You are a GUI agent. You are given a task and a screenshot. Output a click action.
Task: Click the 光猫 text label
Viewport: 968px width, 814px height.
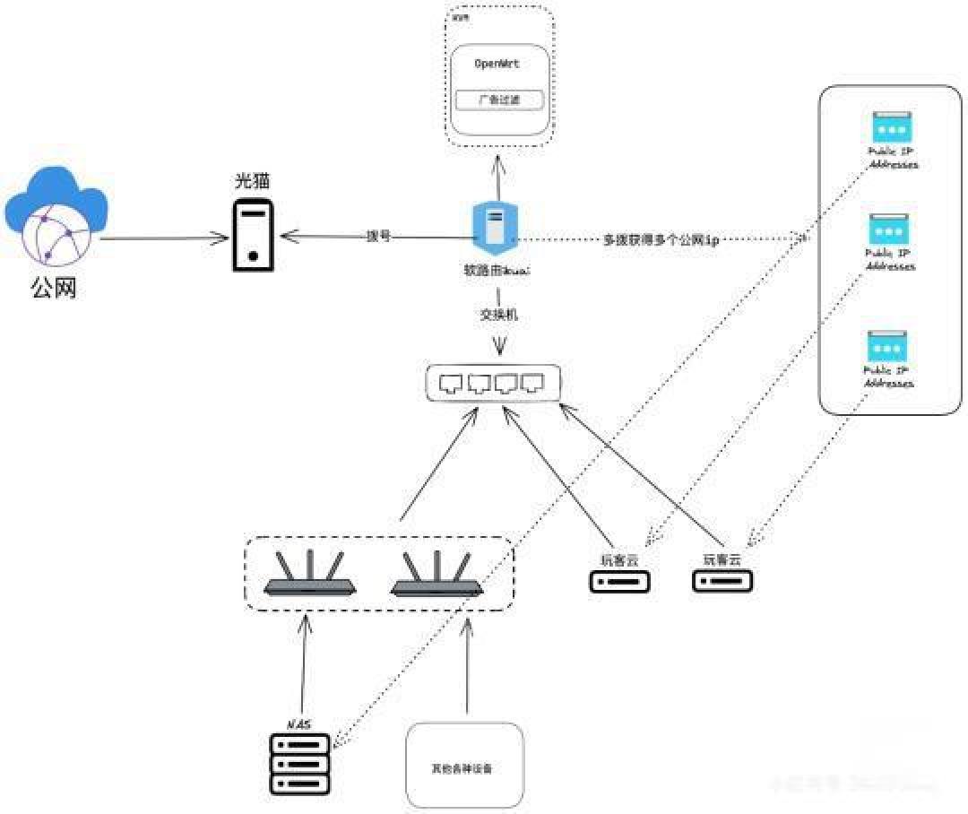click(x=254, y=181)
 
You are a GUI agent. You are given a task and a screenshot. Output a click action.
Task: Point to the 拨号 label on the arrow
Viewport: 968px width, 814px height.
click(x=378, y=237)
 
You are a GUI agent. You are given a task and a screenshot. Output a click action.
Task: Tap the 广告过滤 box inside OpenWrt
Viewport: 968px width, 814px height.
click(x=499, y=100)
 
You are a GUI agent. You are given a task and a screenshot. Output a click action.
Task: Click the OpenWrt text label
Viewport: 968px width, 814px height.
click(x=497, y=65)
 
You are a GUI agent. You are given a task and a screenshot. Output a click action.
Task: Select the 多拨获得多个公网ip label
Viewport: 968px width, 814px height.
click(x=661, y=240)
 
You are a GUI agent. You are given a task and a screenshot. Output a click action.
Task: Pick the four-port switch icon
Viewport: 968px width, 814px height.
click(x=492, y=384)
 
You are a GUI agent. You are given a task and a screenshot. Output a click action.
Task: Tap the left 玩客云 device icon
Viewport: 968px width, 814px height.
click(x=618, y=581)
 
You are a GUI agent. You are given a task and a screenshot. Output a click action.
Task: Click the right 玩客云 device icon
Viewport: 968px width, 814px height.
click(x=722, y=581)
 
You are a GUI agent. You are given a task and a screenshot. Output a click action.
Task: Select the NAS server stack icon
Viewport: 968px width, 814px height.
click(x=299, y=764)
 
